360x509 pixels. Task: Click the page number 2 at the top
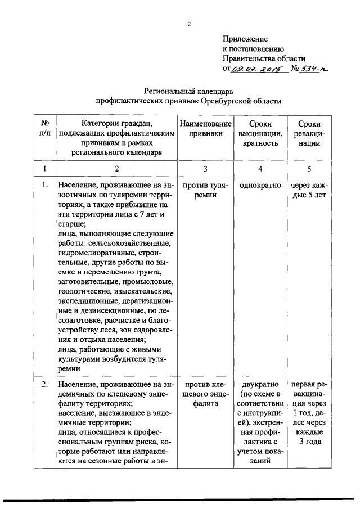tap(190, 24)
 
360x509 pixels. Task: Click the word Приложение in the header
tap(245, 39)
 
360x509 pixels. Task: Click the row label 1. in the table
tap(45, 184)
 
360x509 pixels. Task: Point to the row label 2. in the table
tap(45, 384)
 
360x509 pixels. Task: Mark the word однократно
tap(260, 184)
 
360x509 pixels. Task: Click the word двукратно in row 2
tap(260, 384)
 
